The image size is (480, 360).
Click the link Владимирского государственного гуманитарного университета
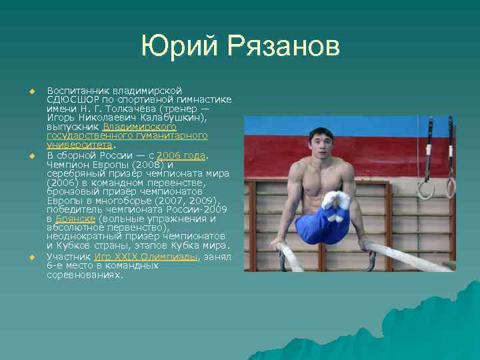click(x=127, y=135)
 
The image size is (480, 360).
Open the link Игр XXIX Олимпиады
click(x=146, y=257)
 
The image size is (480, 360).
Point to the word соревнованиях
click(x=85, y=274)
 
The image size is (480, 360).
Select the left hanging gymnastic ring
click(x=424, y=189)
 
